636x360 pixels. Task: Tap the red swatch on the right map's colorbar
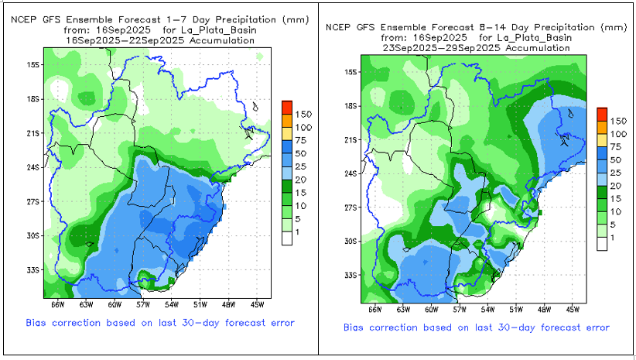(602, 113)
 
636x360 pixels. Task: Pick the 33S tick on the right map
(350, 275)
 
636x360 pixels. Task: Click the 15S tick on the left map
(32, 65)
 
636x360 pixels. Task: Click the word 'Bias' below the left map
(38, 322)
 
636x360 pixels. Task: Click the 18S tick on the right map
(350, 106)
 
